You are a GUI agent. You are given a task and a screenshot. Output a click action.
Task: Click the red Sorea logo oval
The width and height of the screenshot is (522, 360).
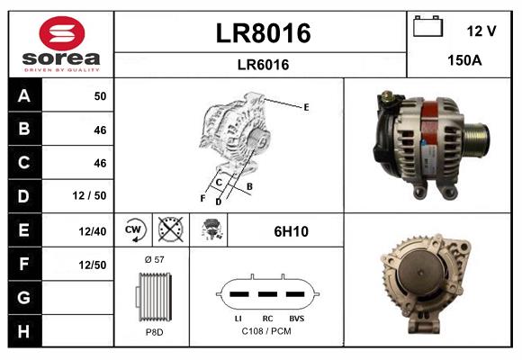[62, 33]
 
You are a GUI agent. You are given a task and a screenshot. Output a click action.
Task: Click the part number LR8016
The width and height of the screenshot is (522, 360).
[263, 33]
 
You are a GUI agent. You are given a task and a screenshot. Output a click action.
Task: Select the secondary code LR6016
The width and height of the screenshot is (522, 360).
[263, 65]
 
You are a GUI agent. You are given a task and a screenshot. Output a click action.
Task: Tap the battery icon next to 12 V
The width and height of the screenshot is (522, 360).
[427, 26]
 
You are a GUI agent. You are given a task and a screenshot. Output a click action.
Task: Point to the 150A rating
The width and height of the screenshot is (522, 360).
[464, 60]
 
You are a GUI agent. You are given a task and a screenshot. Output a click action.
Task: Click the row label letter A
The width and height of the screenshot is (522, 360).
[24, 96]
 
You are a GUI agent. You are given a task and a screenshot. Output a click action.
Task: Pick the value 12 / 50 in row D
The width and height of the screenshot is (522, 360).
[89, 195]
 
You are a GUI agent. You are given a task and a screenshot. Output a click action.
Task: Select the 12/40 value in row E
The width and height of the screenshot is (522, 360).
[92, 231]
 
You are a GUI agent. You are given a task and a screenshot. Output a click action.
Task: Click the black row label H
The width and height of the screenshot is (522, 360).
[24, 331]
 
